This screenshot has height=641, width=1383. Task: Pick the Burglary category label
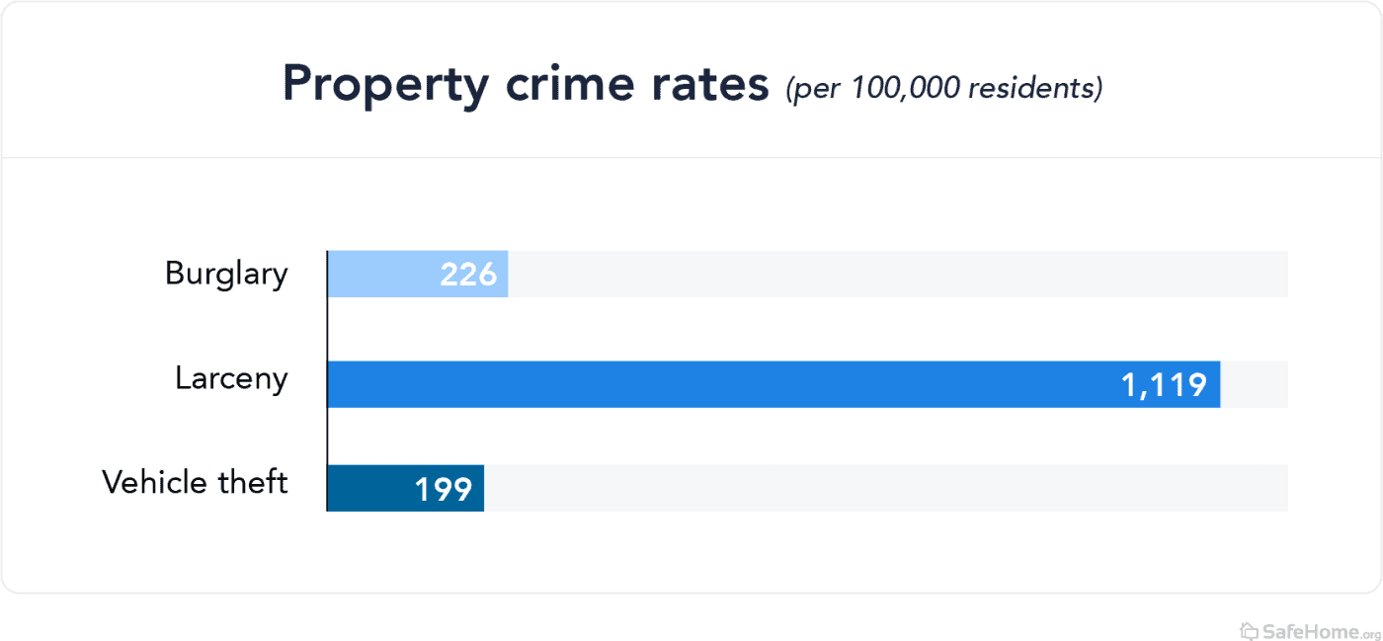(226, 275)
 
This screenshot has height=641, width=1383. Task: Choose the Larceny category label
(231, 379)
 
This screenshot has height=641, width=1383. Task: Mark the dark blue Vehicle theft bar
(366, 488)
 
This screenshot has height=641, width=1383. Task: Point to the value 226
(468, 275)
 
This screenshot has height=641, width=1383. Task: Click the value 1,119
(1164, 385)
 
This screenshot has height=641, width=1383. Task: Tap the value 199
(443, 489)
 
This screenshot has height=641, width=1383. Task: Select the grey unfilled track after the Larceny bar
(1255, 384)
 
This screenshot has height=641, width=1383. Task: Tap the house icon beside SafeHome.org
(1250, 630)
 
